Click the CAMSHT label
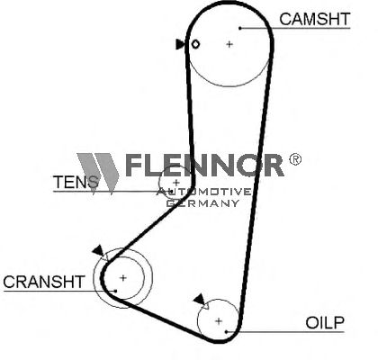315,19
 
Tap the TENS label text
76,182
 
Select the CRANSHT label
44,282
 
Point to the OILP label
325,323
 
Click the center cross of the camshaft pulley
229,44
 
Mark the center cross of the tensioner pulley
176,183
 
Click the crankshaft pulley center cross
123,278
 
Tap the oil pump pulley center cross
219,321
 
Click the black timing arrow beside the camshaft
180,44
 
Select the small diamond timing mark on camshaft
195,44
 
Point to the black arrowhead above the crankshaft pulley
98,250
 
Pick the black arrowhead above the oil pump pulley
199,300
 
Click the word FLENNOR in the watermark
205,165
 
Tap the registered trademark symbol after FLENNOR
295,159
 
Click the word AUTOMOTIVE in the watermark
204,192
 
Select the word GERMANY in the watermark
202,203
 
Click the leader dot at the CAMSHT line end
240,28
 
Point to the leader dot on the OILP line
227,332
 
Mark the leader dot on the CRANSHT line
115,291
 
